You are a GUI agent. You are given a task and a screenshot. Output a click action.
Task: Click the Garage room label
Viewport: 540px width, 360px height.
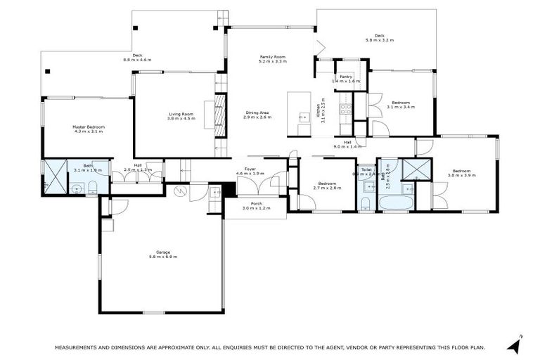(x=162, y=252)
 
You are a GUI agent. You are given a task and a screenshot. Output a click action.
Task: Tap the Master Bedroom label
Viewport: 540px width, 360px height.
(x=88, y=127)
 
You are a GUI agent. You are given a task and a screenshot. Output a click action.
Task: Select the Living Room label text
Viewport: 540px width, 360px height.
(x=181, y=114)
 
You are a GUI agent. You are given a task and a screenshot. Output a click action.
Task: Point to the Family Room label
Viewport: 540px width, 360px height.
(x=271, y=57)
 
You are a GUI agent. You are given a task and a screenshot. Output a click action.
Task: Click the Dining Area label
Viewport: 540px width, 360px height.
(x=257, y=112)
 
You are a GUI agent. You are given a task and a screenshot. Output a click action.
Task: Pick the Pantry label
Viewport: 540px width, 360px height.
(x=345, y=76)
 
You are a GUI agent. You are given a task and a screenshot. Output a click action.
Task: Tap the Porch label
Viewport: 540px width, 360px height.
(x=257, y=203)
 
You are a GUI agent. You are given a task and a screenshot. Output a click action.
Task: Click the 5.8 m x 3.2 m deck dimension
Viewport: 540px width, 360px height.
(x=379, y=41)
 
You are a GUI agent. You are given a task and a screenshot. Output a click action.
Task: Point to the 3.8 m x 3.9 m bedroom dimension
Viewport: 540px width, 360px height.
(x=461, y=176)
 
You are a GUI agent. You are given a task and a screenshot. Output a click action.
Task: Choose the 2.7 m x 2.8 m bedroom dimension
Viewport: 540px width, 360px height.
(x=327, y=188)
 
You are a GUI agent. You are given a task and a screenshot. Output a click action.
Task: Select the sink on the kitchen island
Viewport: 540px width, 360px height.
(x=304, y=117)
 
